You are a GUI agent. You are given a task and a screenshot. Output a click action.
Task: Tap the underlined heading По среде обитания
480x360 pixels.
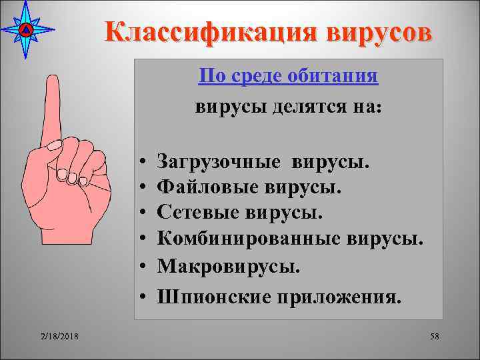point(289,77)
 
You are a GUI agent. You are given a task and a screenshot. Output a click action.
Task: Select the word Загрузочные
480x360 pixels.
point(213,162)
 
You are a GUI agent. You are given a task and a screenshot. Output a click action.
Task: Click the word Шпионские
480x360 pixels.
point(205,297)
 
